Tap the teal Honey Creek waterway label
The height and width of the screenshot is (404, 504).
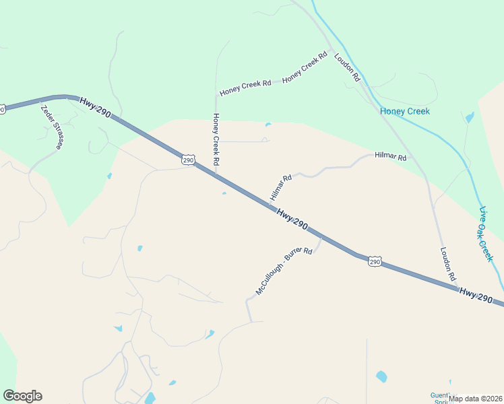click(404, 111)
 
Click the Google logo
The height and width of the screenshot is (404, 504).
click(22, 396)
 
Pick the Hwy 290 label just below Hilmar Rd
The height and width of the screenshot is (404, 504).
click(292, 220)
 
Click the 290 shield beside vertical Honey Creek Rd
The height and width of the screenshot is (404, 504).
click(188, 160)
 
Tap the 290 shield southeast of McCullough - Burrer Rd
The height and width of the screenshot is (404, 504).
click(375, 261)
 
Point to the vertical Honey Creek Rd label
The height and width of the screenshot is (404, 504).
click(216, 139)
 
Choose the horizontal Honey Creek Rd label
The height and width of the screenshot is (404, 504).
click(245, 87)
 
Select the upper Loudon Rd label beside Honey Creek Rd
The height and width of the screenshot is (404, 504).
click(348, 68)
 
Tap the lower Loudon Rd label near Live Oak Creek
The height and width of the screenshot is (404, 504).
click(449, 264)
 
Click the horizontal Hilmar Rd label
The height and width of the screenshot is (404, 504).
click(391, 158)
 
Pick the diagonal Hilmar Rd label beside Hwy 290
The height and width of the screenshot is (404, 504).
click(280, 189)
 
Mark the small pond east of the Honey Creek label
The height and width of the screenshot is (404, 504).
click(469, 118)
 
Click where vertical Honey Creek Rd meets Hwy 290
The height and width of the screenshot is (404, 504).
click(216, 176)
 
